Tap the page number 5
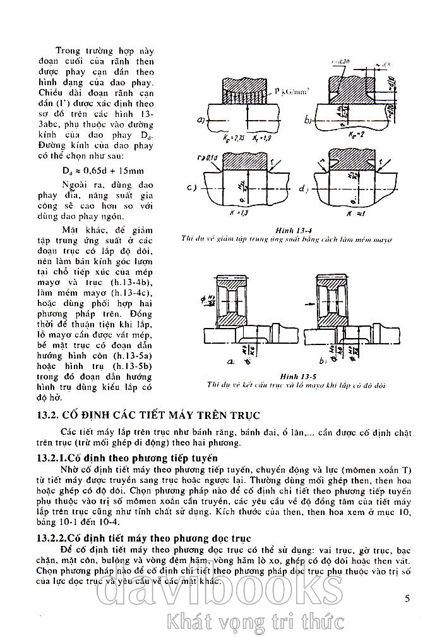[407, 597]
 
